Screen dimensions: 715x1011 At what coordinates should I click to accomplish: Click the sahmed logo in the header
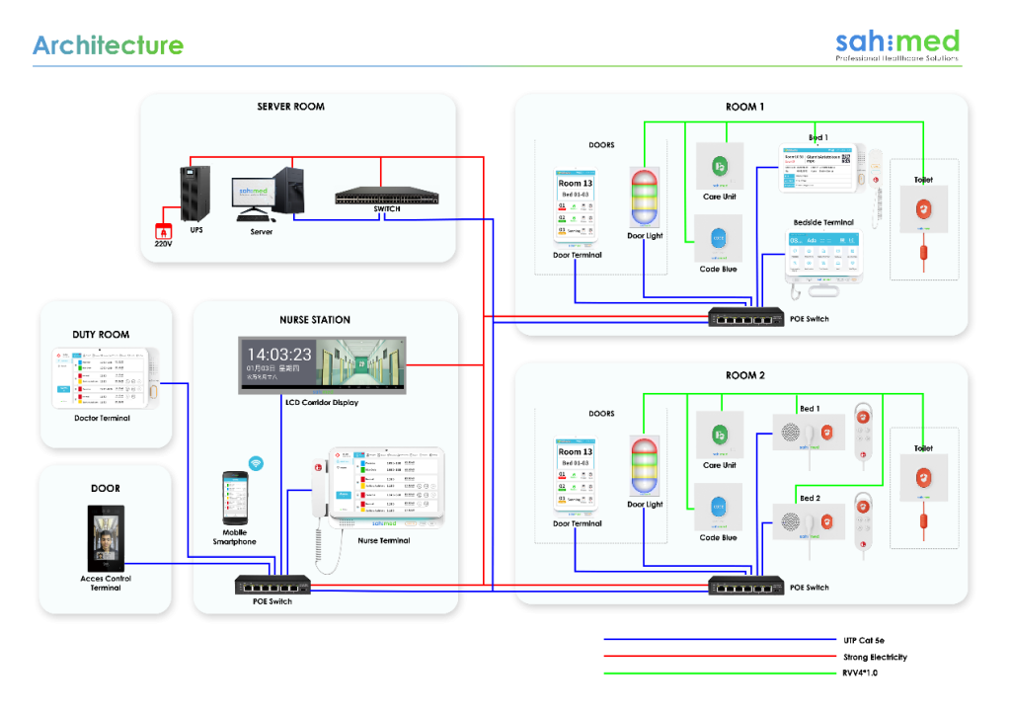pyautogui.click(x=896, y=41)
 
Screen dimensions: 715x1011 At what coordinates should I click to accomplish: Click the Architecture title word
pyautogui.click(x=108, y=45)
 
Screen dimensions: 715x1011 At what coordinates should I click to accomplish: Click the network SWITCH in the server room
pyautogui.click(x=386, y=197)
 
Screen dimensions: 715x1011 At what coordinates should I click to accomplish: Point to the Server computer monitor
pyautogui.click(x=254, y=194)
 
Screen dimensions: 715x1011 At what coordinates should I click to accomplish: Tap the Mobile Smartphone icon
pyautogui.click(x=234, y=498)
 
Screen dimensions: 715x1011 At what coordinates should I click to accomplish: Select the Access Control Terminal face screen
pyautogui.click(x=106, y=538)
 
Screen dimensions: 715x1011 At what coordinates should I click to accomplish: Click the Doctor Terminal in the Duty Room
pyautogui.click(x=105, y=379)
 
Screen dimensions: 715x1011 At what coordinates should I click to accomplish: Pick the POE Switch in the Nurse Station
pyautogui.click(x=272, y=585)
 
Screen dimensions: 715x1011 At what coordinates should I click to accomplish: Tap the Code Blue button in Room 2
pyautogui.click(x=719, y=509)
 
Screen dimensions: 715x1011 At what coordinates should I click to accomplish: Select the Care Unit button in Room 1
pyautogui.click(x=719, y=166)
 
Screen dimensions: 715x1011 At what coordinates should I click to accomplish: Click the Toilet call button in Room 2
pyautogui.click(x=923, y=477)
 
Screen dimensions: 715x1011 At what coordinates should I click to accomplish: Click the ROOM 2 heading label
pyautogui.click(x=745, y=375)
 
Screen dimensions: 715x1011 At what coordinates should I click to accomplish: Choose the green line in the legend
pyautogui.click(x=720, y=674)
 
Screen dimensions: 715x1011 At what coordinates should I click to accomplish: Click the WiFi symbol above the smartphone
pyautogui.click(x=256, y=462)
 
